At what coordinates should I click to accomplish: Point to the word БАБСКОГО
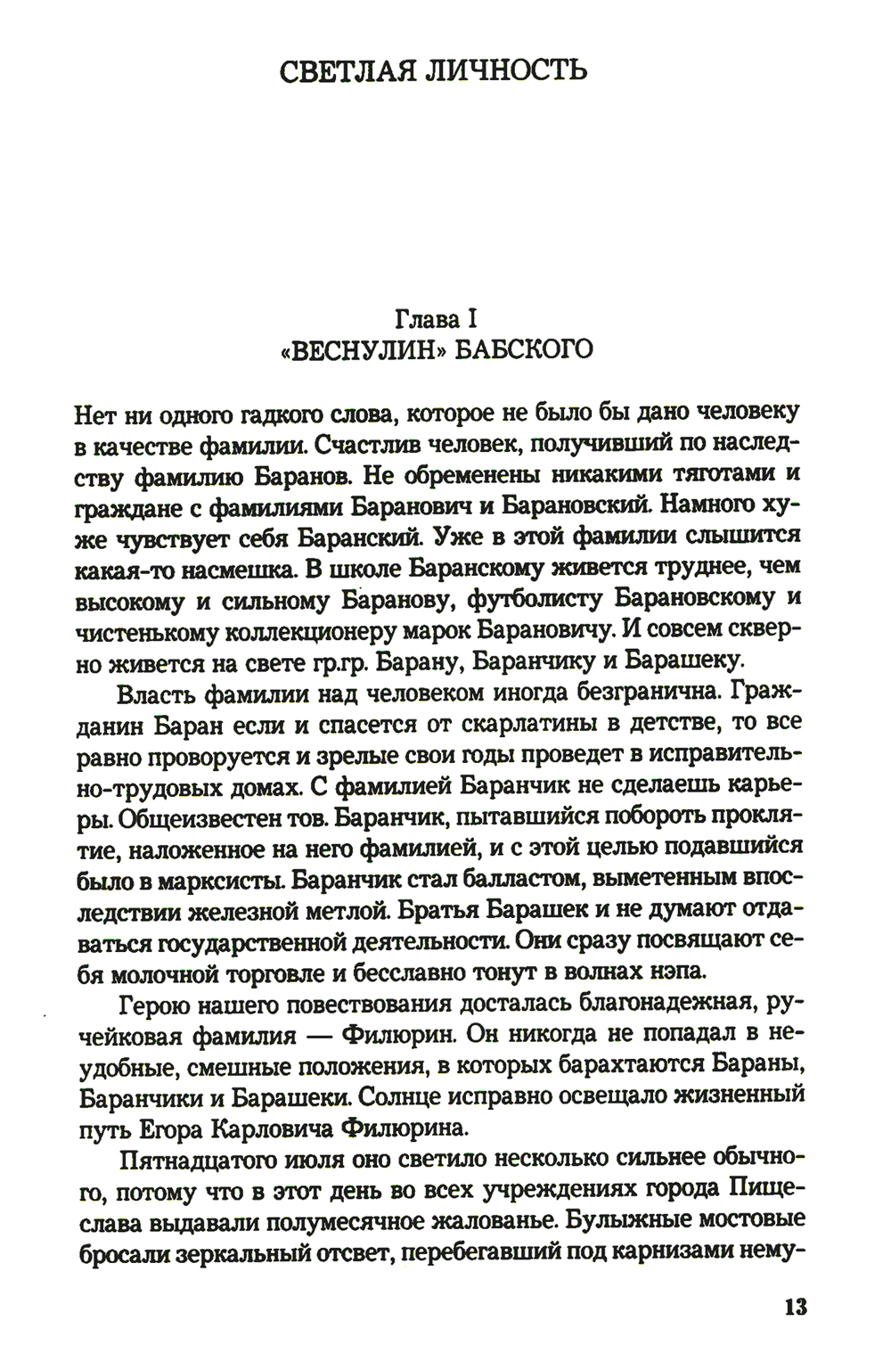(524, 349)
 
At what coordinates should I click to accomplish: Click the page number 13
(796, 1308)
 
